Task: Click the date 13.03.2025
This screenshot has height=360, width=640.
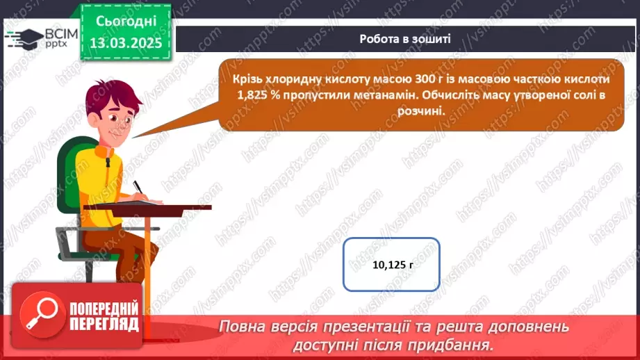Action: point(125,43)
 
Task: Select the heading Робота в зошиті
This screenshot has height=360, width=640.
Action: point(405,39)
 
